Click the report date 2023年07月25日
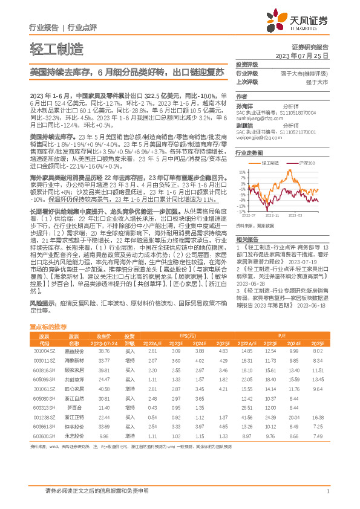[307, 55]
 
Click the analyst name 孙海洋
[244, 104]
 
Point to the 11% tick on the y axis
[242, 173]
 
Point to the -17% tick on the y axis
[241, 212]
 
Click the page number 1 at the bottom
[327, 491]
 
